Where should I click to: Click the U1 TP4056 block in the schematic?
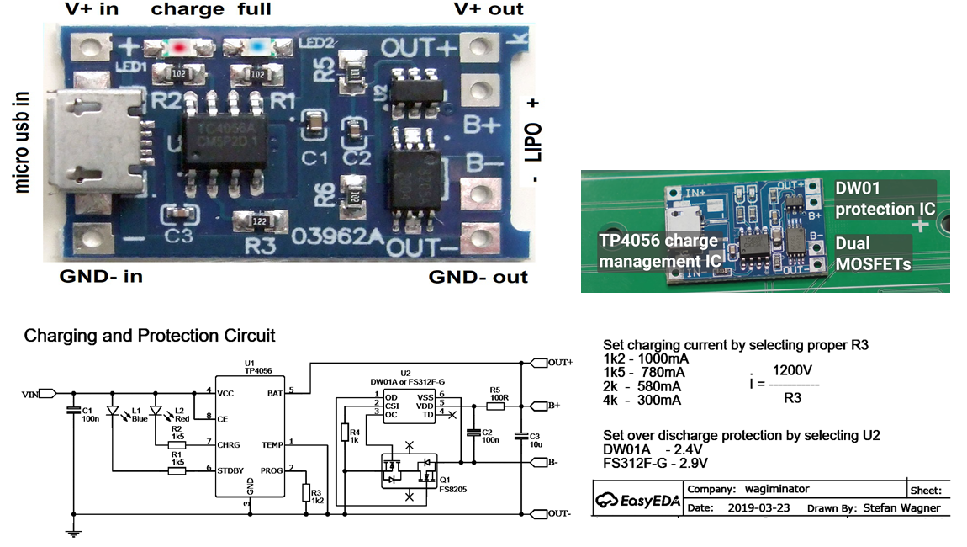[249, 438]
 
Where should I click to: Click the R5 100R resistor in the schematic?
[495, 406]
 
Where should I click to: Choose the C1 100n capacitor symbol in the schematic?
[74, 412]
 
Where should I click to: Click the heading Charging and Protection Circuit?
[150, 336]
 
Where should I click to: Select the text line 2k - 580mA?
[644, 386]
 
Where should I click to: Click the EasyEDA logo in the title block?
[635, 500]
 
